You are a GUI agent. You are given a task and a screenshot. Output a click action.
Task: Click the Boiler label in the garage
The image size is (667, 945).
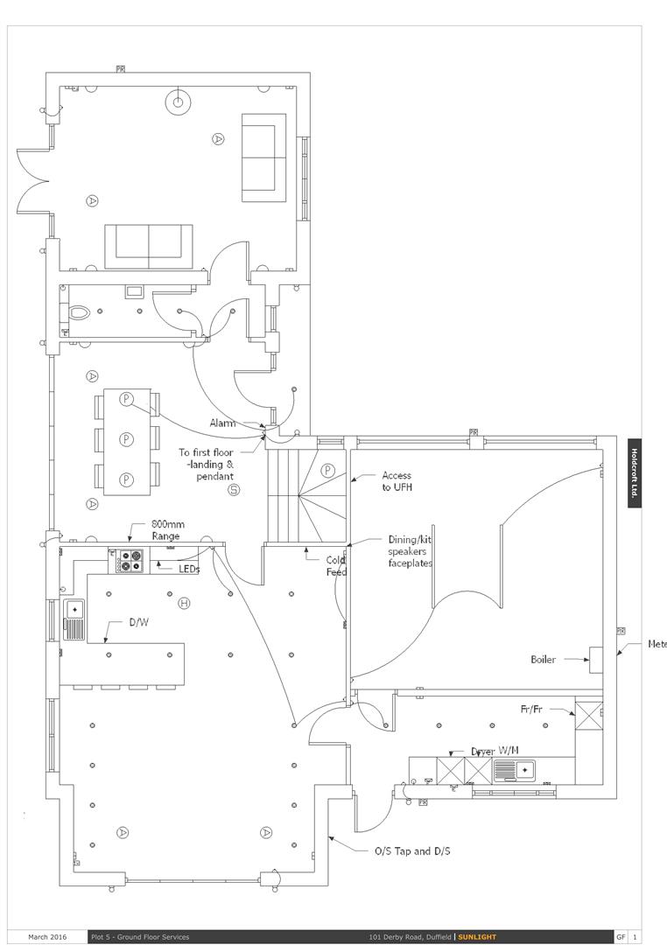tap(543, 660)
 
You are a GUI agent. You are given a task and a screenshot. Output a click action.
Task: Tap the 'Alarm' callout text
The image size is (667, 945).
tap(222, 423)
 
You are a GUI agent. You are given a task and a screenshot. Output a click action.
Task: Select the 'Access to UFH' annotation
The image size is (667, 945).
tap(397, 481)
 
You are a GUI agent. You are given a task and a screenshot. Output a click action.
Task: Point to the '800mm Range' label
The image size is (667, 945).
tap(167, 529)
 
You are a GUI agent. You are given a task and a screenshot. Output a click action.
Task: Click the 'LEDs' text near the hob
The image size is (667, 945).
tap(189, 569)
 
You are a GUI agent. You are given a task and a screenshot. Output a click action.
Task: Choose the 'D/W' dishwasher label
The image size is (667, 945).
tap(138, 623)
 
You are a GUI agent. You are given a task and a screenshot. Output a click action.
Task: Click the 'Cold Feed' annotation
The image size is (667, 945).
tap(337, 566)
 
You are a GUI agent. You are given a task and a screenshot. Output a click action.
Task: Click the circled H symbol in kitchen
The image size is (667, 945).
tap(184, 603)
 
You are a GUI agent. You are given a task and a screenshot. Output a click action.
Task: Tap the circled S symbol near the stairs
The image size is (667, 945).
tap(234, 490)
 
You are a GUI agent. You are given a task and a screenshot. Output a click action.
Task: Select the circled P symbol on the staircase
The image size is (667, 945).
tap(328, 470)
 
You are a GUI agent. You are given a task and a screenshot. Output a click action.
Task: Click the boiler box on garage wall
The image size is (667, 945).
tap(595, 659)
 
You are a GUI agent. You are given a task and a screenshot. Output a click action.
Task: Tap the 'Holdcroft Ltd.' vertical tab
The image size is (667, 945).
tap(635, 472)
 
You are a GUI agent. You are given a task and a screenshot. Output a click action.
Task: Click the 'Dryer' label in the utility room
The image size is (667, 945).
tap(483, 752)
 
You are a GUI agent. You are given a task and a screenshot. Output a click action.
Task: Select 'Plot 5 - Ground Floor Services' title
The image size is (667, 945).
tap(140, 937)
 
